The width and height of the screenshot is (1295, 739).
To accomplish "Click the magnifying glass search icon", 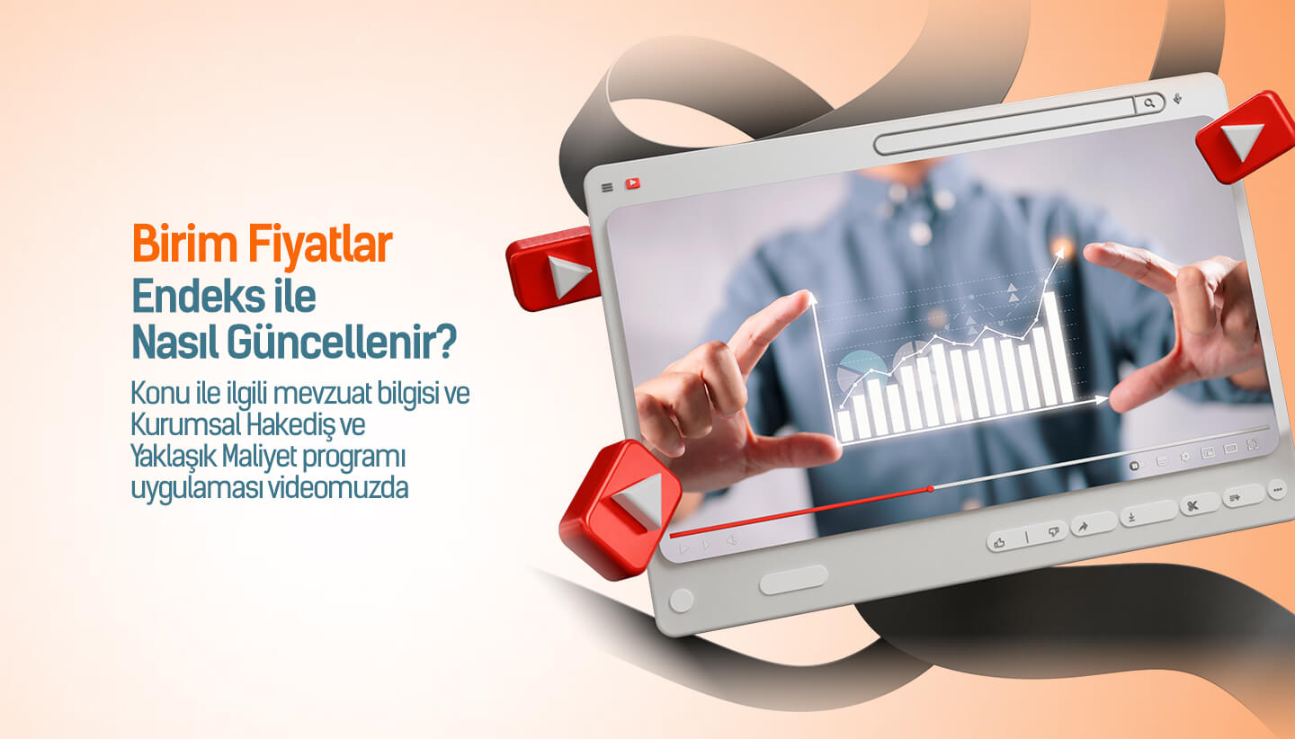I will pyautogui.click(x=1149, y=104).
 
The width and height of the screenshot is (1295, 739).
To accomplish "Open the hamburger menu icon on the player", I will pyautogui.click(x=607, y=187).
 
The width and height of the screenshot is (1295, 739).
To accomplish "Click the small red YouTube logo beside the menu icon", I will pyautogui.click(x=632, y=183).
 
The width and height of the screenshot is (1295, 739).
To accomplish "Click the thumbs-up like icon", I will pyautogui.click(x=1000, y=541).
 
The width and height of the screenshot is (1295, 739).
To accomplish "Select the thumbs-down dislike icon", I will pyautogui.click(x=1054, y=533).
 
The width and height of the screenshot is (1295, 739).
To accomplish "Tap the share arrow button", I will pyautogui.click(x=1083, y=527).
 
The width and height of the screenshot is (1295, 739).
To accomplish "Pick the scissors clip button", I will pyautogui.click(x=1192, y=505).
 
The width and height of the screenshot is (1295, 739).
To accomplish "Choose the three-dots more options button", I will pyautogui.click(x=1277, y=489).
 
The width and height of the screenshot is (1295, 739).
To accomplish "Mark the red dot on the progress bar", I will pyautogui.click(x=930, y=489).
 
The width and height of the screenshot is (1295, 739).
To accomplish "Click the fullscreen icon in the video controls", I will pyautogui.click(x=1253, y=445).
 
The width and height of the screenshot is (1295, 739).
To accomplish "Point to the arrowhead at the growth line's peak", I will pyautogui.click(x=1060, y=254).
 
